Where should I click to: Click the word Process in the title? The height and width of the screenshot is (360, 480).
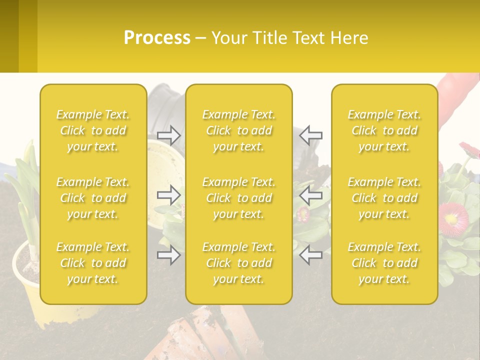click(x=157, y=38)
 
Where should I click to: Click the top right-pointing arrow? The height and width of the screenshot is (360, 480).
click(x=168, y=134)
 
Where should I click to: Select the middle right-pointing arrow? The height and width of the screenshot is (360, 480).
click(x=168, y=195)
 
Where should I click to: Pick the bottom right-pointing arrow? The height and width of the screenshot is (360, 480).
click(x=168, y=255)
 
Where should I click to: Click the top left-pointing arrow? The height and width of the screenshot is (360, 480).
click(x=311, y=134)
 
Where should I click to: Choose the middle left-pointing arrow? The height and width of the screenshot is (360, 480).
click(x=311, y=195)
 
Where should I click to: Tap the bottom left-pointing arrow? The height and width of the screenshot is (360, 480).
click(x=311, y=255)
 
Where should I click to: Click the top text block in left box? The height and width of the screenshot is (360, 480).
click(x=93, y=130)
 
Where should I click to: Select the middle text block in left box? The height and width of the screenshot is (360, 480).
click(x=93, y=198)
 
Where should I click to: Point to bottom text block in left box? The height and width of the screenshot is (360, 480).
click(x=93, y=263)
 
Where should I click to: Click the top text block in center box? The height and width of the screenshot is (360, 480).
click(x=238, y=130)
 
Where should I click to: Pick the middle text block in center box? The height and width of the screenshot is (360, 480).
click(x=238, y=198)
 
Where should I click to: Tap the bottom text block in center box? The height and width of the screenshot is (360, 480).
click(x=238, y=263)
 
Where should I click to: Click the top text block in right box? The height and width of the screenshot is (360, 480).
click(x=384, y=130)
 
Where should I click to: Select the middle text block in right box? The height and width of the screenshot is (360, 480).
click(x=384, y=198)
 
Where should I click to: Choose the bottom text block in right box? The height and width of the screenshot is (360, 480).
click(x=384, y=263)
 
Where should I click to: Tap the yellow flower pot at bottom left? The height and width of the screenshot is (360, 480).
click(x=27, y=280)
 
